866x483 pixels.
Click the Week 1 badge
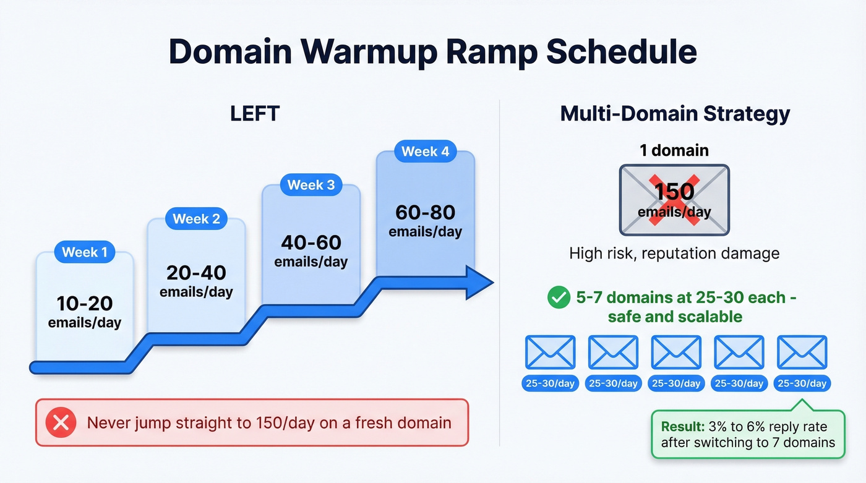(x=85, y=252)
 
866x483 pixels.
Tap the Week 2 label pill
(x=196, y=219)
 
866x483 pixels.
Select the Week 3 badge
(x=311, y=185)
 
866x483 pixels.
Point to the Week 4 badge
(x=425, y=152)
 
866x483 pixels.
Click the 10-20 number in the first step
(x=85, y=303)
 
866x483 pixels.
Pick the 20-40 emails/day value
(x=196, y=273)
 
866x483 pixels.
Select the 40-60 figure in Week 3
(x=311, y=242)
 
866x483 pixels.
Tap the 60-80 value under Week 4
(x=425, y=212)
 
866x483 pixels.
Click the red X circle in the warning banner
(x=61, y=423)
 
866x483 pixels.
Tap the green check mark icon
(x=559, y=298)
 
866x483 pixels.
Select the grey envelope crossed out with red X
(x=674, y=200)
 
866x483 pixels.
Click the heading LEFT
(x=255, y=114)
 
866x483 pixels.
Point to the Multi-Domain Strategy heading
(x=675, y=114)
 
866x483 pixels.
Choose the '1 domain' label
(x=674, y=150)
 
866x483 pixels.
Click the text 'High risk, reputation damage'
(x=674, y=253)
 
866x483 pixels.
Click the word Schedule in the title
(x=621, y=52)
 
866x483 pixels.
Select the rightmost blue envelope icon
(x=802, y=353)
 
